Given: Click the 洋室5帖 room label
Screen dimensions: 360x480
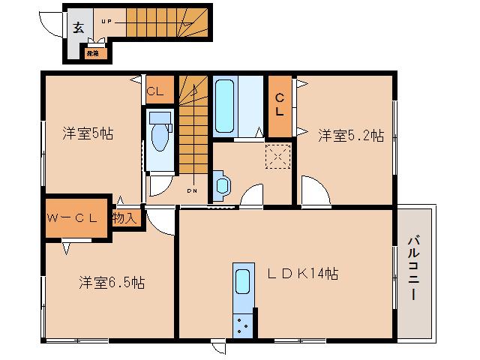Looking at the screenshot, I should click(x=88, y=134).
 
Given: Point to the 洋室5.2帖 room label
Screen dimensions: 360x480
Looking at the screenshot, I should click(x=350, y=135).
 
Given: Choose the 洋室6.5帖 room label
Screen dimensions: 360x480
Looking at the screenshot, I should click(x=112, y=283).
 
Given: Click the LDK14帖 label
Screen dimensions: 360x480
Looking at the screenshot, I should click(x=304, y=274).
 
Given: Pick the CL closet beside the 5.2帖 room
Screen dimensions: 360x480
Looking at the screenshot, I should click(x=279, y=106).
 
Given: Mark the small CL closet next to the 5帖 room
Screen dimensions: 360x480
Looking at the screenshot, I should click(x=155, y=91).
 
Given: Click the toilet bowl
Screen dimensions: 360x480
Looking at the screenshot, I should click(x=158, y=138).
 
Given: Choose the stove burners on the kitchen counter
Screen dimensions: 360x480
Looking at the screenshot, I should click(x=244, y=324).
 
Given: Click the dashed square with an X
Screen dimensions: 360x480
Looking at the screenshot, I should click(x=278, y=154).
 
